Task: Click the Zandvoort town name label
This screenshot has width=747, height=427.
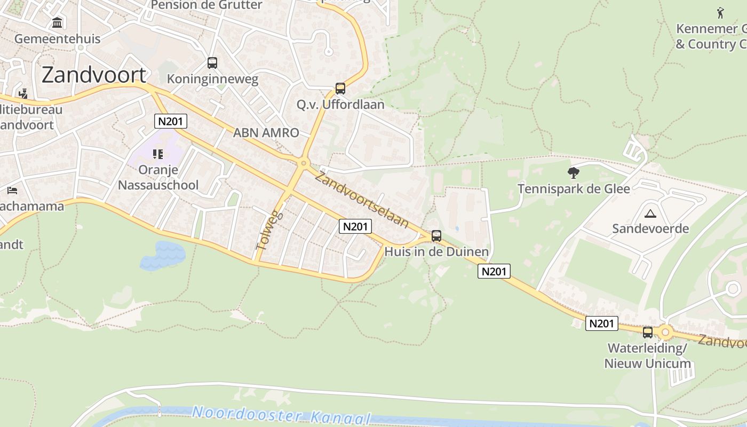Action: point(94,75)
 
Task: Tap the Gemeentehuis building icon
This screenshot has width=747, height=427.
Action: point(57,23)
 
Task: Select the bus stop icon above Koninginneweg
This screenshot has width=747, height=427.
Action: point(212,63)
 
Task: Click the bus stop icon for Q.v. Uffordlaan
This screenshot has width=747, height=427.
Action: point(340,89)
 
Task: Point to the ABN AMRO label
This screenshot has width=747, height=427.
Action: point(266,133)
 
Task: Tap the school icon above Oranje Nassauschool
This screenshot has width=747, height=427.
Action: point(158,154)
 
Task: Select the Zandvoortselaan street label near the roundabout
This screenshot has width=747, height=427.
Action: point(361,200)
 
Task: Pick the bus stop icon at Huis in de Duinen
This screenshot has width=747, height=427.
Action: point(436,235)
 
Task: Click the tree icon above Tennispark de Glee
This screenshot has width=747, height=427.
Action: point(574,172)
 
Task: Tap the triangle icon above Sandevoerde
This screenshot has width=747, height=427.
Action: point(650,214)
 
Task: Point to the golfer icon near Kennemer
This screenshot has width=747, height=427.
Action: point(720,12)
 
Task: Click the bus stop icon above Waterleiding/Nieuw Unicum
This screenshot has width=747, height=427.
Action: point(648,332)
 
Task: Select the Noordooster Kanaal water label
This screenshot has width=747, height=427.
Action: point(281,415)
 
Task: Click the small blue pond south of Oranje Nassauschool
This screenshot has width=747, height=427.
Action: point(163,255)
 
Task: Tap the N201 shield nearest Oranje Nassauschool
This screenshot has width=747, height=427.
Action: point(171,121)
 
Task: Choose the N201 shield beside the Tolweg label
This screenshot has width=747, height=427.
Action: point(355,226)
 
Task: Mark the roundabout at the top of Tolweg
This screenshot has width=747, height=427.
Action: point(304,163)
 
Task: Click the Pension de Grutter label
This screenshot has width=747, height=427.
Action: point(206,5)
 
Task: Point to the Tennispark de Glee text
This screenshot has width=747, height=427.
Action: point(574,188)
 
